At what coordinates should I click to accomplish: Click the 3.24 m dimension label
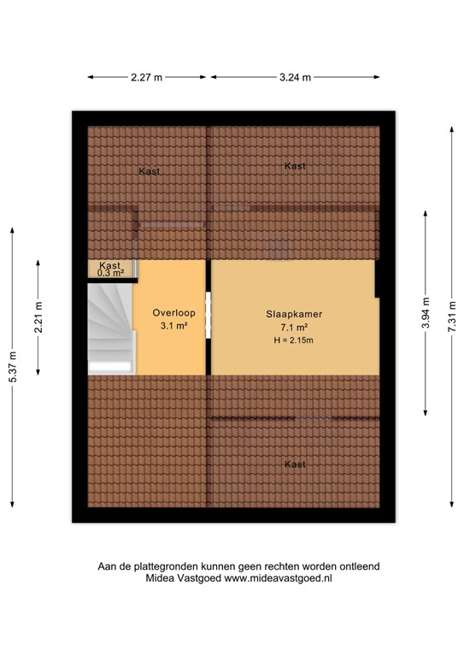tap(294, 77)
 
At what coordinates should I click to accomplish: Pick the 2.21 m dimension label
tap(38, 317)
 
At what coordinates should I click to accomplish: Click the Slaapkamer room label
tap(293, 314)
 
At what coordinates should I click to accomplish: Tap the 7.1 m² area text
tap(293, 328)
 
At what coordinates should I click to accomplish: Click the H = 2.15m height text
tap(293, 342)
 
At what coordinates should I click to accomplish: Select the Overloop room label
tap(170, 312)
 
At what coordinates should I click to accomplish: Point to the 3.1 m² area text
tap(170, 326)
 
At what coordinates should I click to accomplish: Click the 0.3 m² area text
tap(110, 273)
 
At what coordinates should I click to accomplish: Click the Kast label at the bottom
tap(295, 465)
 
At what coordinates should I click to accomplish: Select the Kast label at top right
tap(295, 166)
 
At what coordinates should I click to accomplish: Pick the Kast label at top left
tap(149, 172)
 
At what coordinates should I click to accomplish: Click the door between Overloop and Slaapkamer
tap(209, 317)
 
